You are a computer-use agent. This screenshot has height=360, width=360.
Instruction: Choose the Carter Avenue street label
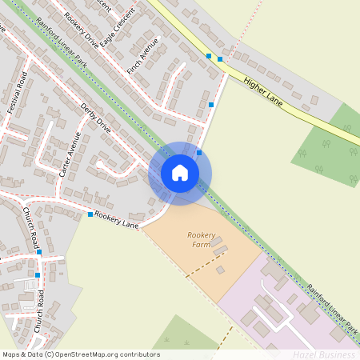click(x=70, y=154)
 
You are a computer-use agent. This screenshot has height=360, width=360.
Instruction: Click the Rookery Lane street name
click(x=117, y=220)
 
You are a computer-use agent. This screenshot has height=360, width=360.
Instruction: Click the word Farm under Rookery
click(x=202, y=245)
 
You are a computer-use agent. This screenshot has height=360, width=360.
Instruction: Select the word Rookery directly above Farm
click(x=202, y=235)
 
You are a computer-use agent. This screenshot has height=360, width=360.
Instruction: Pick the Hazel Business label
click(x=323, y=354)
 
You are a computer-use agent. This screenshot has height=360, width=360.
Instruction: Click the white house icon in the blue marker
click(x=180, y=174)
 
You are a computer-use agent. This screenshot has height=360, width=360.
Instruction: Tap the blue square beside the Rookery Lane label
click(x=90, y=214)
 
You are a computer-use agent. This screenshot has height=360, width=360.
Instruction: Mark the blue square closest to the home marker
click(x=199, y=152)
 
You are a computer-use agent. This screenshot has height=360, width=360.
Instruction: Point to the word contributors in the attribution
click(x=139, y=354)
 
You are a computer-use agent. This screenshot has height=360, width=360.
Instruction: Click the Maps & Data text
click(x=22, y=354)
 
